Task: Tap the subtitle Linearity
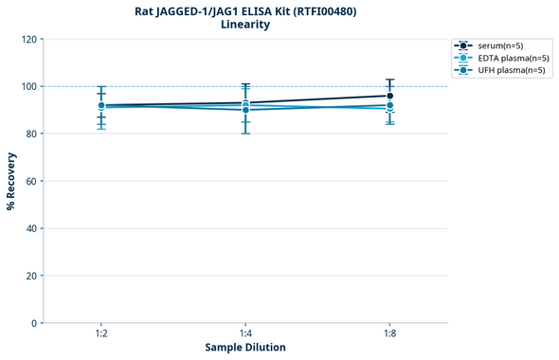244,25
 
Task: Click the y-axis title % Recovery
11,181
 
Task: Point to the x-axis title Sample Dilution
245,348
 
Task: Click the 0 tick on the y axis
33,323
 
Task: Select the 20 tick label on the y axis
30,276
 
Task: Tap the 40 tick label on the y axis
30,228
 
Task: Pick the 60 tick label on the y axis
30,181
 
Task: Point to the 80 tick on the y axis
30,134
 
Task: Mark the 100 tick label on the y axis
27,86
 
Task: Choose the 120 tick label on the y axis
27,39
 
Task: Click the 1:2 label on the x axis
100,334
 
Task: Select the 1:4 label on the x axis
245,334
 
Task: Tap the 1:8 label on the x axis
389,334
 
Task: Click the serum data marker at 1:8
389,96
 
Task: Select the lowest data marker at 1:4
245,110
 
